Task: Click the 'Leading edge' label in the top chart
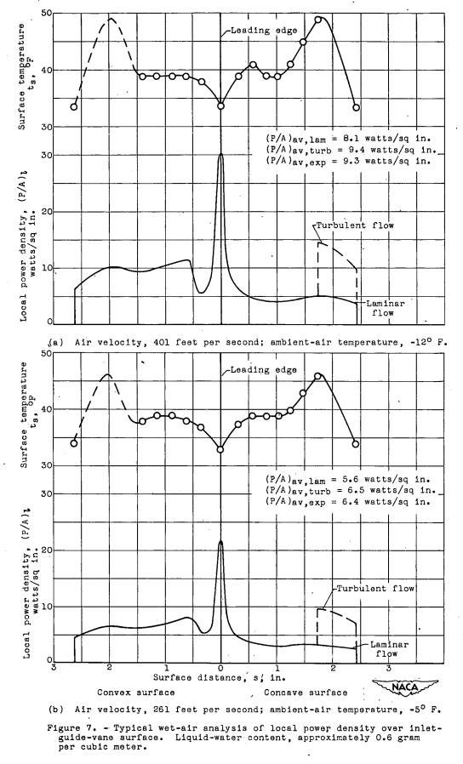260,31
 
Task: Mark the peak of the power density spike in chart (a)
220,154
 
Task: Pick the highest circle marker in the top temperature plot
318,20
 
